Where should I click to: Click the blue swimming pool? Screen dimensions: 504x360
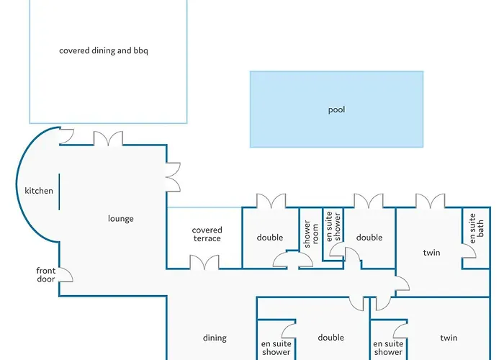pyautogui.click(x=336, y=109)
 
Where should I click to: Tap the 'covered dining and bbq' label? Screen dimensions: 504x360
pyautogui.click(x=104, y=51)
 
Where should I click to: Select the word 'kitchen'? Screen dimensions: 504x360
pyautogui.click(x=39, y=191)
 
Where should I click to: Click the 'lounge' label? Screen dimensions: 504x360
pyautogui.click(x=120, y=219)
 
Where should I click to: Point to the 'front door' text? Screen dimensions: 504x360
pyautogui.click(x=46, y=275)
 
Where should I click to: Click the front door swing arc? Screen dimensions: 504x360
pyautogui.click(x=66, y=275)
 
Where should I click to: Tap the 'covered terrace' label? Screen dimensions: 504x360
pyautogui.click(x=207, y=234)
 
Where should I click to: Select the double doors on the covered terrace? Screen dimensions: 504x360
pyautogui.click(x=204, y=262)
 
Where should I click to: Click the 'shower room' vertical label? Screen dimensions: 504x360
pyautogui.click(x=311, y=234)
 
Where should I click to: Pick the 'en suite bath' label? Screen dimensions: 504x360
pyautogui.click(x=476, y=228)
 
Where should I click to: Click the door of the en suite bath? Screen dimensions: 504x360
pyautogui.click(x=469, y=251)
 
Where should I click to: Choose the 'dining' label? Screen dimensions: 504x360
pyautogui.click(x=215, y=338)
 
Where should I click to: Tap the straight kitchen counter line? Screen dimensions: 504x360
pyautogui.click(x=59, y=192)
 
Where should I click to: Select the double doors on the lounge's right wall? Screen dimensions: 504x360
pyautogui.click(x=174, y=177)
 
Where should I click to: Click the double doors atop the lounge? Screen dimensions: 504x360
pyautogui.click(x=108, y=138)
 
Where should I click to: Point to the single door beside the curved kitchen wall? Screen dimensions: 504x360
pyautogui.click(x=67, y=136)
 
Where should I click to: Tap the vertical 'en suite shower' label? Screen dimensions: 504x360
pyautogui.click(x=333, y=226)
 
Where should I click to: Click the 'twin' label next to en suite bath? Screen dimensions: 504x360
pyautogui.click(x=431, y=253)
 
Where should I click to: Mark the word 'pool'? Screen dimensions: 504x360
pyautogui.click(x=336, y=110)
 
